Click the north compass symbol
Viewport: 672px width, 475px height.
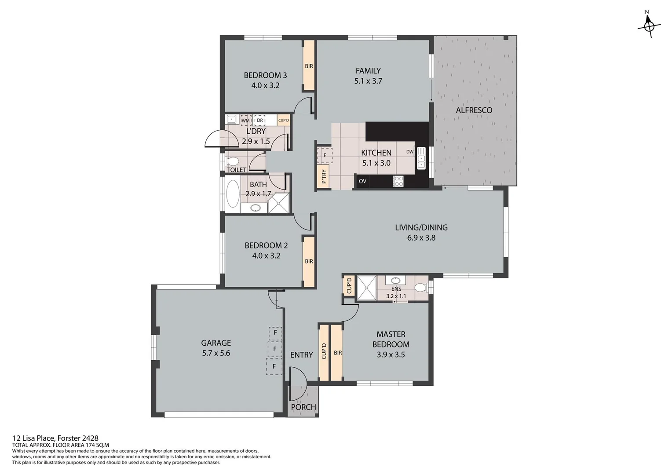[x=649, y=26]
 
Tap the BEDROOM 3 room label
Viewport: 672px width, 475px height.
[x=265, y=75]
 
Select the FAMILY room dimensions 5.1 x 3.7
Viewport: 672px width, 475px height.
[x=368, y=81]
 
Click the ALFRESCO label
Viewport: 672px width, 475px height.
[x=474, y=110]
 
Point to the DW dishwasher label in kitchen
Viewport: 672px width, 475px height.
[x=410, y=152]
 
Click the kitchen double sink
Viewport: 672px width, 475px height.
[x=421, y=158]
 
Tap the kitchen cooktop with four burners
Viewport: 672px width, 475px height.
[x=398, y=181]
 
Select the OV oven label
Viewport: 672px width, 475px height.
[x=362, y=181]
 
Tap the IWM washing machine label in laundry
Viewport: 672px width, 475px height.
[x=245, y=121]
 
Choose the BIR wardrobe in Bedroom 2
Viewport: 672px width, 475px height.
[x=309, y=261]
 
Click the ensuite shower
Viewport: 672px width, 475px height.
[x=367, y=288]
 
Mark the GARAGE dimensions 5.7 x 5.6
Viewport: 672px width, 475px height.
[x=216, y=353]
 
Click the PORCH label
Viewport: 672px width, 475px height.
[x=303, y=407]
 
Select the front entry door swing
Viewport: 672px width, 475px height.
[x=298, y=375]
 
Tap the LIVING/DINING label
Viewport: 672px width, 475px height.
[x=421, y=227]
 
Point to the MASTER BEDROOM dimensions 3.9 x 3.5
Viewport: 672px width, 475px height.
[x=391, y=354]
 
